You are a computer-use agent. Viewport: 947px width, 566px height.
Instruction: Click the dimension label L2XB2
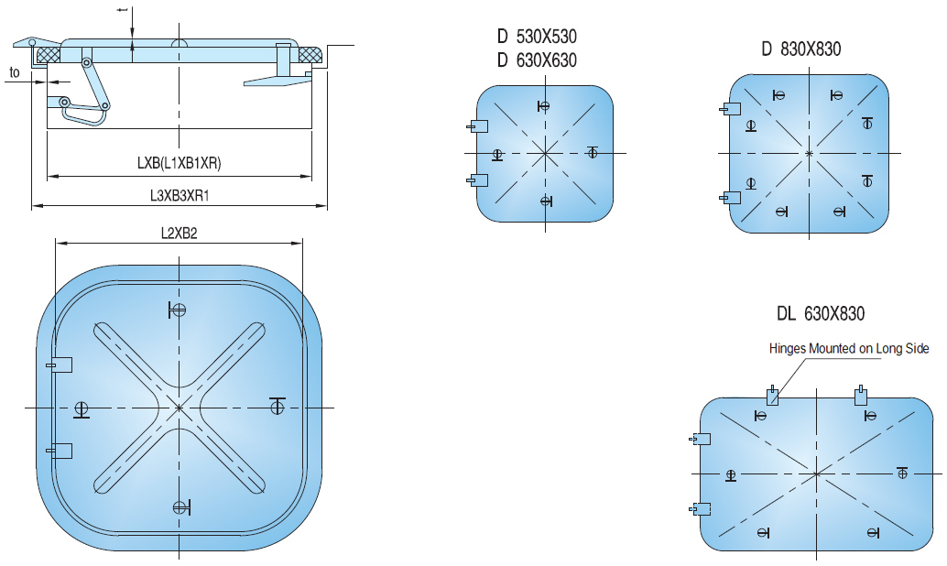tap(179, 234)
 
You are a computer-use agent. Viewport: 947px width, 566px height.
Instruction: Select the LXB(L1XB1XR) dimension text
tap(180, 164)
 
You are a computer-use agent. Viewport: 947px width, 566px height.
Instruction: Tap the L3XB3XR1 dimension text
tap(180, 195)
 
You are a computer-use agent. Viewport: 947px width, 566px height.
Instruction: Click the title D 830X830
tap(800, 49)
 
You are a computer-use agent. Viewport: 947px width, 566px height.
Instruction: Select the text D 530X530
tap(537, 38)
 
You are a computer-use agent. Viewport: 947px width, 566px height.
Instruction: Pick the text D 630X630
tap(537, 60)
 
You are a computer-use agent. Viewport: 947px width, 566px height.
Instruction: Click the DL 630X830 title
tap(820, 314)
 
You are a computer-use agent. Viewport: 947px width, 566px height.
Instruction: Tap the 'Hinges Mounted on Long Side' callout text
tap(849, 348)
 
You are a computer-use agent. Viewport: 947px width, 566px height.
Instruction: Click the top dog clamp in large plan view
tap(178, 310)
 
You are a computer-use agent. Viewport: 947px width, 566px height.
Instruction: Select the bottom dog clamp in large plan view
tap(180, 506)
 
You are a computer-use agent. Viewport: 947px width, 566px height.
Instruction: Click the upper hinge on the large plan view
tap(60, 365)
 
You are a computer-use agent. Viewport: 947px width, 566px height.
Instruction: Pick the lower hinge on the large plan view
tap(60, 449)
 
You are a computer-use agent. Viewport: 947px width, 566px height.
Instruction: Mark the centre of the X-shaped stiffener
tap(180, 407)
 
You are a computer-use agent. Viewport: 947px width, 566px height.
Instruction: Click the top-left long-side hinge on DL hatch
tap(774, 396)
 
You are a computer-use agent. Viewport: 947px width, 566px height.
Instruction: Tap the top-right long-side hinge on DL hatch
tap(860, 396)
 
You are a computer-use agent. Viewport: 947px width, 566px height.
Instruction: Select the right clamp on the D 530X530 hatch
tap(593, 152)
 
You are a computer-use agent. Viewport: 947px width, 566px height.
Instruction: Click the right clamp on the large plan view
tap(278, 405)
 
